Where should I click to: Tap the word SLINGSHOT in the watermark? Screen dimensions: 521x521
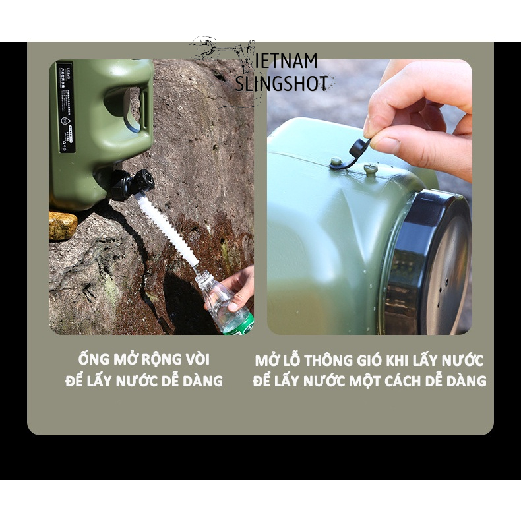pyautogui.click(x=282, y=84)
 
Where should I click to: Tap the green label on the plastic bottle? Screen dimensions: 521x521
pyautogui.click(x=241, y=324)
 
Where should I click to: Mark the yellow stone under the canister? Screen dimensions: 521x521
pyautogui.click(x=63, y=226)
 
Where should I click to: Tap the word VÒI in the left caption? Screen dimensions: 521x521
pyautogui.click(x=197, y=360)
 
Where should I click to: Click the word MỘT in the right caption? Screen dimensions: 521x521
pyautogui.click(x=373, y=381)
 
